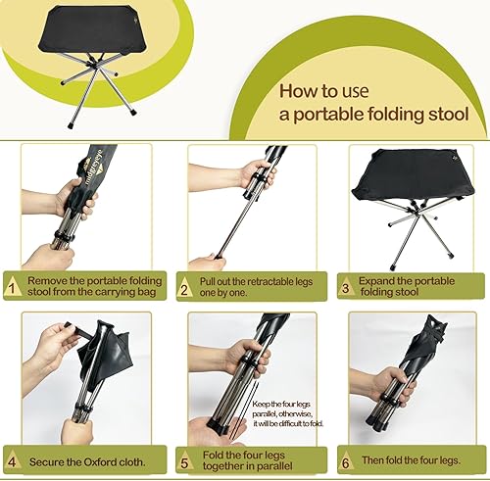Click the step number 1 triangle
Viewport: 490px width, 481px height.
click(x=12, y=287)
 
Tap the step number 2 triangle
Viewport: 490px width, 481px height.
click(x=184, y=287)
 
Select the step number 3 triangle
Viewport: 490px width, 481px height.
click(x=346, y=287)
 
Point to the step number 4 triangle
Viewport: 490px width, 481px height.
click(x=12, y=460)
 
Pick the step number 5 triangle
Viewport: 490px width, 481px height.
click(x=184, y=461)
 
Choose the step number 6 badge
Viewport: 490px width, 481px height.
click(x=346, y=461)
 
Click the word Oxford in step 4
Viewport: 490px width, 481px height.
click(x=100, y=462)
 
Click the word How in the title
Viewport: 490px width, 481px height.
click(x=296, y=91)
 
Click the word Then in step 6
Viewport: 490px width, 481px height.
click(x=372, y=460)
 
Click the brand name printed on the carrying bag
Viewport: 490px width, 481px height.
click(x=95, y=168)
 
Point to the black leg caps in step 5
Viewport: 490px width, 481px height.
click(x=219, y=424)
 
